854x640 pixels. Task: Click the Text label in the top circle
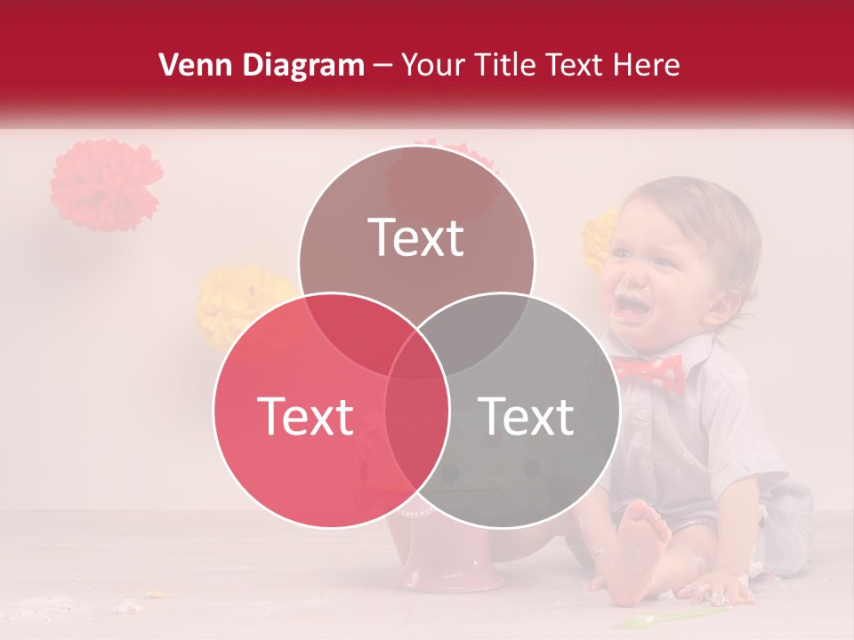pyautogui.click(x=416, y=237)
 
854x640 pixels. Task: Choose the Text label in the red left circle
pyautogui.click(x=305, y=416)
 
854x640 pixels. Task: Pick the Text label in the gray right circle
pyautogui.click(x=526, y=416)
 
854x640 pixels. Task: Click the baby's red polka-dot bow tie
pyautogui.click(x=648, y=371)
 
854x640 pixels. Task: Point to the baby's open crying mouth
pyautogui.click(x=632, y=306)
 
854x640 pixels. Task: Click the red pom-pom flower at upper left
pyautogui.click(x=106, y=185)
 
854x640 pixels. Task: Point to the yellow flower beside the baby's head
pyautogui.click(x=600, y=238)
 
